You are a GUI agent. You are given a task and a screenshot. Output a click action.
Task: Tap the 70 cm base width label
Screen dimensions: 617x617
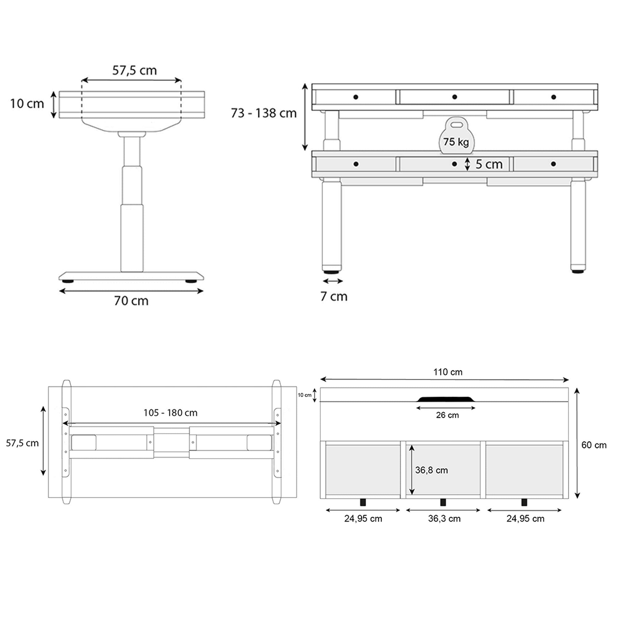coord(131,301)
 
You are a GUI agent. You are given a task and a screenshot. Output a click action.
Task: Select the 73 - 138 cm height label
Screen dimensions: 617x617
coord(263,113)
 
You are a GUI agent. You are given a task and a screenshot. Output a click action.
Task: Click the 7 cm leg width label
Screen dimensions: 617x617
coord(334,296)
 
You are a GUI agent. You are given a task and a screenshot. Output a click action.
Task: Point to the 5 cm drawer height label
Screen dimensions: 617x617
coord(489,164)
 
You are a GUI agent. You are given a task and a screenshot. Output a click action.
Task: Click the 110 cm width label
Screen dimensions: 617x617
coord(448,372)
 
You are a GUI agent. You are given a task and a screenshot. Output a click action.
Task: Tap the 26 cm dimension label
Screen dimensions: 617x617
coord(447,415)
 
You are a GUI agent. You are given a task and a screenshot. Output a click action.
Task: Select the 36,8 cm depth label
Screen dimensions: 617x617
coord(432,470)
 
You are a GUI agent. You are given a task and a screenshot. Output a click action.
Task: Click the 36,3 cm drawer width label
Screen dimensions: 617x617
coord(444,519)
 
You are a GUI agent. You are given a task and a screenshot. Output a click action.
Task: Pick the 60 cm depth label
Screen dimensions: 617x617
coord(594,445)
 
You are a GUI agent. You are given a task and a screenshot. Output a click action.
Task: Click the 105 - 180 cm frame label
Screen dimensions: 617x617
coord(170,413)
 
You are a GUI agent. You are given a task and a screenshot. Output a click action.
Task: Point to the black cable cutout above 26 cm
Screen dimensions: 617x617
coord(446,399)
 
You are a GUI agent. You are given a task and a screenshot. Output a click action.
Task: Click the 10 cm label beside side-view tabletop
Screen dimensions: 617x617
coord(27,104)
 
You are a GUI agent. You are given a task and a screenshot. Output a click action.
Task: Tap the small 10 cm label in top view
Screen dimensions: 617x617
coord(304,395)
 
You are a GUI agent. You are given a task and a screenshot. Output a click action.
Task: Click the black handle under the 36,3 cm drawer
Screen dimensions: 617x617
coord(443,502)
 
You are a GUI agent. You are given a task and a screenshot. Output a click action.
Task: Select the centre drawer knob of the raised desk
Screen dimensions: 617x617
coord(454,97)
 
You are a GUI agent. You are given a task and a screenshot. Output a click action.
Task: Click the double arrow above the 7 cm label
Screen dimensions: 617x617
coord(333,281)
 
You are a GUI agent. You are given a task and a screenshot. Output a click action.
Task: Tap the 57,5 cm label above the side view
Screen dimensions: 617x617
coord(135,70)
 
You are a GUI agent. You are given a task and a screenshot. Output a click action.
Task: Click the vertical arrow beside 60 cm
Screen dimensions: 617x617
coord(577,443)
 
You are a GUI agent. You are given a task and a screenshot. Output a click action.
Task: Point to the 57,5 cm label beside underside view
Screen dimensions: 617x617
coord(22,443)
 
